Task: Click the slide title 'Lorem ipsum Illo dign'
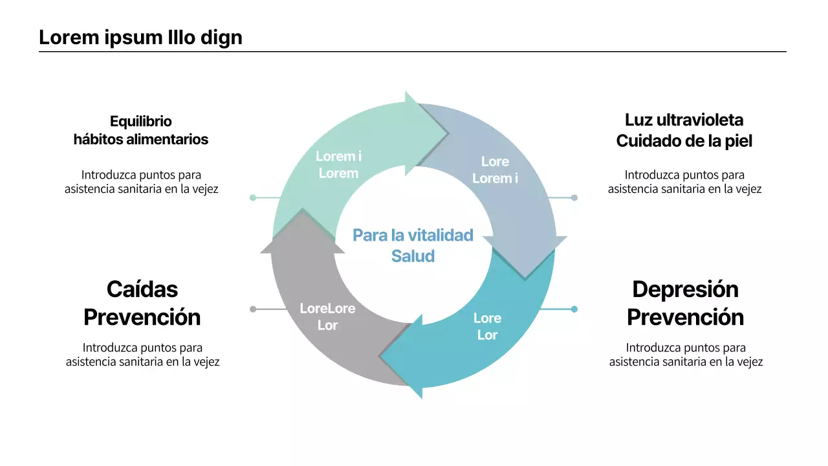click(140, 38)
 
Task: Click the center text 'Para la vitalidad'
click(413, 235)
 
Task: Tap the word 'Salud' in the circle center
click(413, 256)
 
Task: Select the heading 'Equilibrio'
click(141, 121)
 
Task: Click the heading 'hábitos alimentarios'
click(141, 139)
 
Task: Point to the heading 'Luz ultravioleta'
click(684, 120)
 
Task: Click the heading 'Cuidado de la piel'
click(684, 140)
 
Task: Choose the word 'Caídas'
click(142, 289)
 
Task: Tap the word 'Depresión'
click(686, 289)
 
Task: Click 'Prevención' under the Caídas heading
click(142, 317)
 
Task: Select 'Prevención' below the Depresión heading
click(686, 317)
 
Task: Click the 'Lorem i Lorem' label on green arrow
click(338, 164)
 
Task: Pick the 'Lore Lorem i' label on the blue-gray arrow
click(495, 170)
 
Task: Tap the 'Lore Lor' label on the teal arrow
click(487, 326)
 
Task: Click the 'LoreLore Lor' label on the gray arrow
click(327, 316)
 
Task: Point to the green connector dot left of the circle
click(253, 197)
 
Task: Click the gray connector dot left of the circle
click(253, 309)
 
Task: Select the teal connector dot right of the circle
click(574, 309)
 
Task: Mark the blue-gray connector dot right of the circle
click(574, 197)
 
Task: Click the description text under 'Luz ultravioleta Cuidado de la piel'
click(684, 182)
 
